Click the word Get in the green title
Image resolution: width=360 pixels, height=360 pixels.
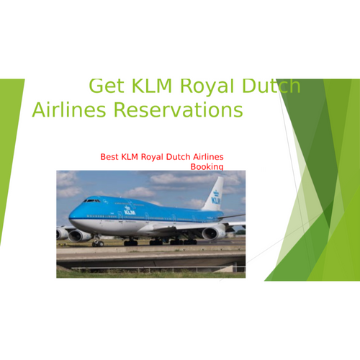[107, 86]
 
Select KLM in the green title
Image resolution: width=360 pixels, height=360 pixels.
[152, 86]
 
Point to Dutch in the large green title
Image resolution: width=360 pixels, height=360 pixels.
[271, 86]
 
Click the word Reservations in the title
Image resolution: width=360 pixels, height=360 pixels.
[178, 109]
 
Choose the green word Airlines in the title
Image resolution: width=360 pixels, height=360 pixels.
[69, 109]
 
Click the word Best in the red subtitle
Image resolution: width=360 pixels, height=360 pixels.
[109, 157]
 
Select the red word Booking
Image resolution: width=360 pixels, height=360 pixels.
[207, 166]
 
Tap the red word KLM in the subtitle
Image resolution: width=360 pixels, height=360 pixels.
[130, 157]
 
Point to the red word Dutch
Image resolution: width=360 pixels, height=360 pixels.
[178, 157]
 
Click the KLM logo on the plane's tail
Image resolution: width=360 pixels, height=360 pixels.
[216, 197]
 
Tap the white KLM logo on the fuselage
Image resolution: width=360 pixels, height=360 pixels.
[130, 210]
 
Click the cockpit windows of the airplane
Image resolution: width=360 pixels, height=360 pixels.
[91, 200]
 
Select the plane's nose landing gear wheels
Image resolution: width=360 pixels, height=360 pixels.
[98, 243]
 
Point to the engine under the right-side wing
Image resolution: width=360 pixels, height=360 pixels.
[214, 233]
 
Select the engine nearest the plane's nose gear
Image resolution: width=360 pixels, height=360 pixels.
[79, 235]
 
